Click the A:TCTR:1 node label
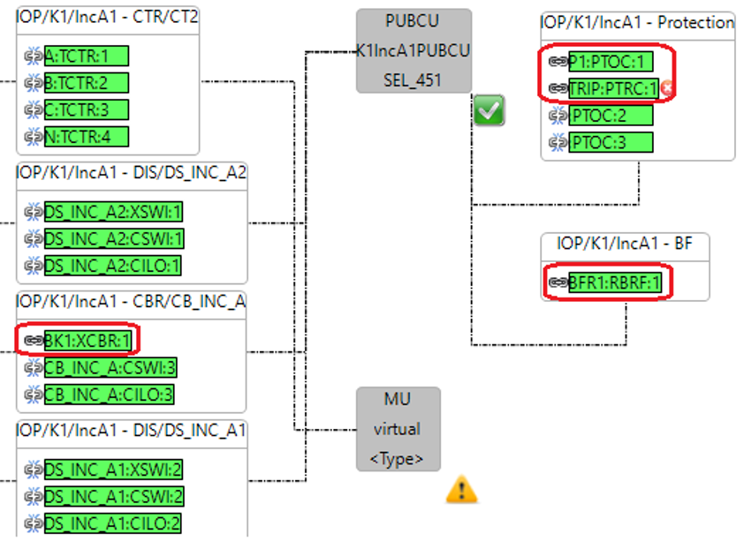pos(87,56)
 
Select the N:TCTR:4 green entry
pos(87,137)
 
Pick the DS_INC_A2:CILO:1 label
pos(113,266)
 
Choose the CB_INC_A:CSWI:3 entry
pos(110,367)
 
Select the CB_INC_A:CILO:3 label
pos(109,394)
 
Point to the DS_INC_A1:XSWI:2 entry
pos(114,470)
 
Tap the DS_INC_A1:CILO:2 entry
pos(113,523)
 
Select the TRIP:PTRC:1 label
pos(613,88)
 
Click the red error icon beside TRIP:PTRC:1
pos(666,88)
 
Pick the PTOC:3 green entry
pos(611,142)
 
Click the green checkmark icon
pos(489,111)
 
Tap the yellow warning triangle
pos(461,489)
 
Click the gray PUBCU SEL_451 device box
pos(414,50)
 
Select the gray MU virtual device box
pos(398,429)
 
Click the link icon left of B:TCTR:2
pos(34,83)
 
